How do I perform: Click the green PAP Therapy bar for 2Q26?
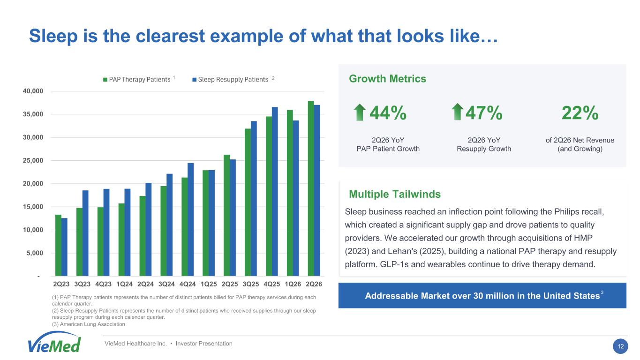coord(310,188)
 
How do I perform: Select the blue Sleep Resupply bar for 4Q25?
coord(275,191)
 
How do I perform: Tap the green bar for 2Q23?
coord(58,245)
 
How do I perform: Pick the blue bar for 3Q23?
coord(85,233)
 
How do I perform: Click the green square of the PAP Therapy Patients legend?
coord(105,80)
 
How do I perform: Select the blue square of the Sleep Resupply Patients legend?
coord(194,80)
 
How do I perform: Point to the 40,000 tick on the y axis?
coord(33,91)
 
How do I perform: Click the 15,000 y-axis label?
coord(33,207)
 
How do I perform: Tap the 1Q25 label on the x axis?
coord(209,284)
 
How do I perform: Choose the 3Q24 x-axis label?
coord(166,284)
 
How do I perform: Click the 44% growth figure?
coord(388,113)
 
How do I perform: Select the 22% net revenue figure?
coord(580,113)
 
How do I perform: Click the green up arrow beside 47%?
coord(458,112)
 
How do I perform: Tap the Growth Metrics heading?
coord(387,79)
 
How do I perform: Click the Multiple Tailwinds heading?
coord(395,194)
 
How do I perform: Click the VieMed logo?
coord(54,342)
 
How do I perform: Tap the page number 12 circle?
coord(621,346)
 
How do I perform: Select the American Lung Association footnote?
coord(89,324)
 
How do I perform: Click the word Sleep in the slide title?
coord(53,36)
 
